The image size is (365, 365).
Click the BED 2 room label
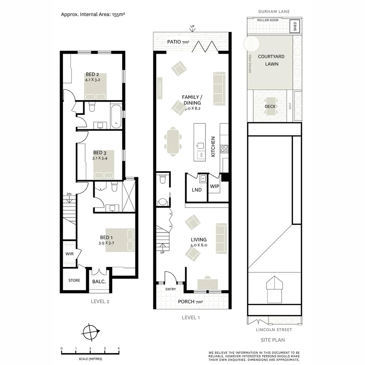point(92,74)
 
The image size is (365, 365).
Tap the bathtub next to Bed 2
point(116,117)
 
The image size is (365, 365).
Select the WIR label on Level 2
point(69,254)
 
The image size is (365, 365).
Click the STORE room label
point(74,280)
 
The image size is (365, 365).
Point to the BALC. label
point(99,282)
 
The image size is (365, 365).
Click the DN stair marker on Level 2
point(69,194)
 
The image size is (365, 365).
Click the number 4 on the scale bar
point(119,348)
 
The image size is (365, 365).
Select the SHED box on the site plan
point(295,26)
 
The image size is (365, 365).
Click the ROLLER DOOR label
point(268,20)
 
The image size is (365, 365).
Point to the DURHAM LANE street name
point(274,11)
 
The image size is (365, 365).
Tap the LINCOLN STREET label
point(274,330)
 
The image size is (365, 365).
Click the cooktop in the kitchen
point(224,148)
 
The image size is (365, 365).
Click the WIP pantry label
point(214,186)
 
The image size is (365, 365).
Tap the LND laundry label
point(197,190)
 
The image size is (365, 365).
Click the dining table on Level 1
point(173,142)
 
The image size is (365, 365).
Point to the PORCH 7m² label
point(190,302)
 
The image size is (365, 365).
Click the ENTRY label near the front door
point(171,289)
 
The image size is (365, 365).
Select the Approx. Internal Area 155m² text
point(93,15)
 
